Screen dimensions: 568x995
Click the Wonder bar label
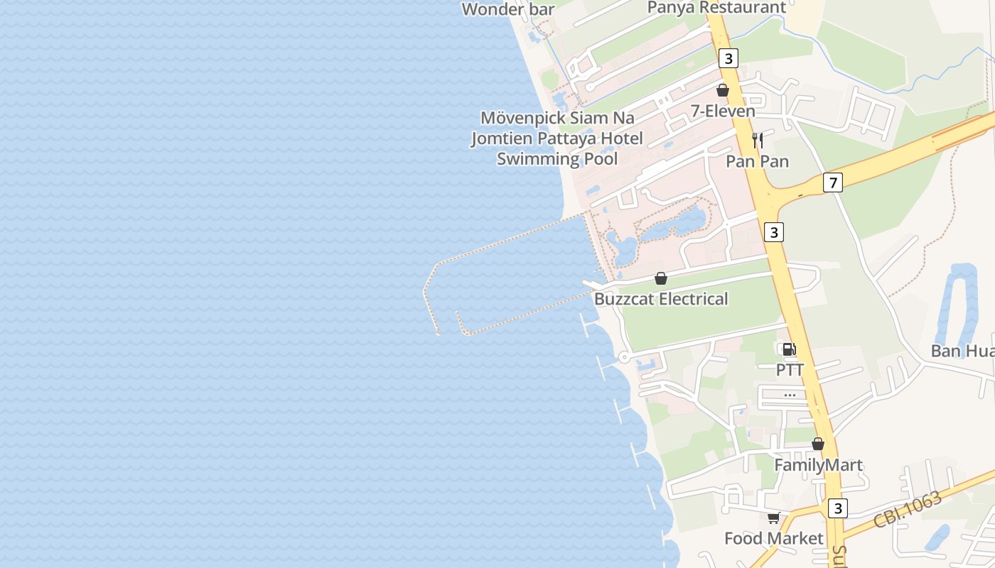[x=507, y=9]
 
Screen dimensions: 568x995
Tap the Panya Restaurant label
[x=716, y=8]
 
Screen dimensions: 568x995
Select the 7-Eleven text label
[x=723, y=111]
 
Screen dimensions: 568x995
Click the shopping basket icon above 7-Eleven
[x=723, y=90]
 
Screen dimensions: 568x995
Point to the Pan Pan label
[x=757, y=161]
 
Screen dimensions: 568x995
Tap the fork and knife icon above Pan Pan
[x=758, y=141]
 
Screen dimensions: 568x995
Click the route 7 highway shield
[x=833, y=182]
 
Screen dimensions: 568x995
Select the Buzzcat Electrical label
[x=661, y=299]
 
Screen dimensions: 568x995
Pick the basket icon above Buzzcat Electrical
[x=661, y=278]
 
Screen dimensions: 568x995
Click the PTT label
[x=790, y=370]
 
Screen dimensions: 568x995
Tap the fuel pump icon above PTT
[x=789, y=349]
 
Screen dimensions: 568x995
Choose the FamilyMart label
[x=818, y=465]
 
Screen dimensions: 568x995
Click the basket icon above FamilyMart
[x=818, y=444]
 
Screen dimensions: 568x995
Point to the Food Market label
[x=773, y=538]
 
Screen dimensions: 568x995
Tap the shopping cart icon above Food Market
[x=773, y=518]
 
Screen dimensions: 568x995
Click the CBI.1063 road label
[x=908, y=508]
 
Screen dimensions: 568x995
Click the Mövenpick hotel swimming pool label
[x=557, y=138]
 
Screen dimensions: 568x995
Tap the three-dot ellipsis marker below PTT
[x=790, y=395]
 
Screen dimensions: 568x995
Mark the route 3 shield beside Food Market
[x=838, y=508]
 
